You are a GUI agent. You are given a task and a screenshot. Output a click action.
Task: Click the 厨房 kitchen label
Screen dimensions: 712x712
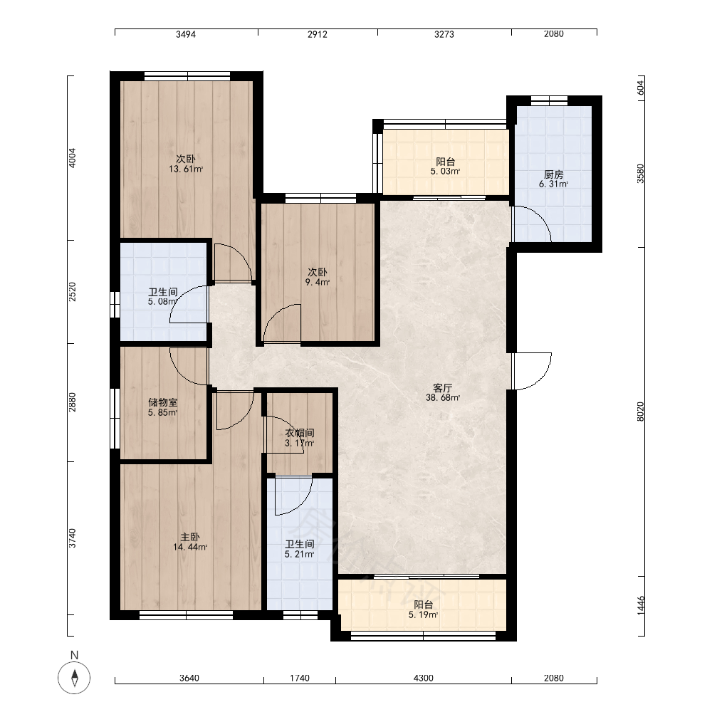[553, 174]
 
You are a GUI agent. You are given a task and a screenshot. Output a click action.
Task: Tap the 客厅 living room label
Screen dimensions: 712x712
[442, 388]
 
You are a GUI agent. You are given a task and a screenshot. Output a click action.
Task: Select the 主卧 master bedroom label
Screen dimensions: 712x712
[190, 537]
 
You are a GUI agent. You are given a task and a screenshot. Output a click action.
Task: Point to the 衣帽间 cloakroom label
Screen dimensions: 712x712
[300, 433]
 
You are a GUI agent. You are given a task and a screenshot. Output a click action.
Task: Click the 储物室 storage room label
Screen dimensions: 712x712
[162, 402]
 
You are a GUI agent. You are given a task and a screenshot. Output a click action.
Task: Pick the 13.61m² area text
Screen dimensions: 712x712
[186, 169]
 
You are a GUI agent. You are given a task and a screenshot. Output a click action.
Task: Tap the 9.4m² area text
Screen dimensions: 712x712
[318, 282]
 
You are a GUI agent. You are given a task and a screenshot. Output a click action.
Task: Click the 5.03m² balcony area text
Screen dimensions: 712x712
[446, 171]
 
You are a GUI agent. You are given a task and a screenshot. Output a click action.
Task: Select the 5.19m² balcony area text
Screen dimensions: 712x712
[423, 615]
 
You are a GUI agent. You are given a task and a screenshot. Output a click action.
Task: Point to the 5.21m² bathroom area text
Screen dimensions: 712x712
[300, 554]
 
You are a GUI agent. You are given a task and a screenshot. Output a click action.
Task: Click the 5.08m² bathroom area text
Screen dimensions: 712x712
[162, 301]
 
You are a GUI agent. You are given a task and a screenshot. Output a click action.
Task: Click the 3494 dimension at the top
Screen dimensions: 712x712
[186, 34]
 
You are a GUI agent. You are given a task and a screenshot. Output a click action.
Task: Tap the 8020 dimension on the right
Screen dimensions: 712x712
[640, 412]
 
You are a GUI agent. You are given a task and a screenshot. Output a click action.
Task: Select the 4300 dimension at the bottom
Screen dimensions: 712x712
[423, 678]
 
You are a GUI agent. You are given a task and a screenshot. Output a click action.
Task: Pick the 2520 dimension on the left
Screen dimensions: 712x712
[72, 292]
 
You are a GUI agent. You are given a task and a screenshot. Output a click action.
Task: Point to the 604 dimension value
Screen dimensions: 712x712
[640, 88]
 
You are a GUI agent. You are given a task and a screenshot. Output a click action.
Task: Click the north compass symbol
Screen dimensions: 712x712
[74, 678]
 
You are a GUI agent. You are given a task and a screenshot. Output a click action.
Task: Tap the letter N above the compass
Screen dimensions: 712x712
[75, 655]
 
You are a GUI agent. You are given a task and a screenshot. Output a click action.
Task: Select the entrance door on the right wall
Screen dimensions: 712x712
[532, 371]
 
